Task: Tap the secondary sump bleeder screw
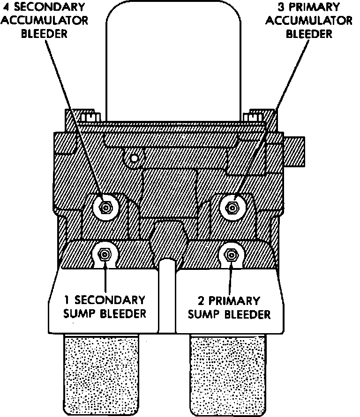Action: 104,254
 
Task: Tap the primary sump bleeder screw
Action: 231,254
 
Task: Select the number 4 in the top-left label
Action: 6,7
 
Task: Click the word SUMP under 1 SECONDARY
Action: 78,313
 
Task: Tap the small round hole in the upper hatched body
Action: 134,158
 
